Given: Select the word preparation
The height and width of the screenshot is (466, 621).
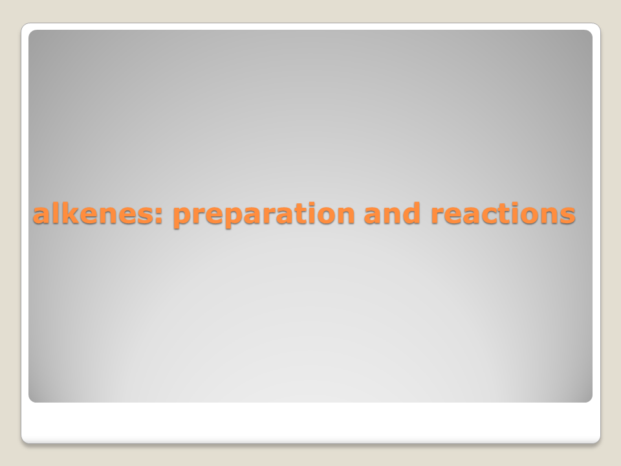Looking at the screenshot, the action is [x=264, y=215].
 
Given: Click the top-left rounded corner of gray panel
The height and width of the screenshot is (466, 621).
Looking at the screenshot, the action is [x=31, y=32].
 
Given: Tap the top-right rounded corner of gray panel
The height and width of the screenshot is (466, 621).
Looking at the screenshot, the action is [x=590, y=32].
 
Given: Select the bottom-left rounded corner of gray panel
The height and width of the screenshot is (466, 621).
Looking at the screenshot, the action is [x=31, y=399].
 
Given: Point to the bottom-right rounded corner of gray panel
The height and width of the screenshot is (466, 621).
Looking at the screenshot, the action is [x=590, y=399].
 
